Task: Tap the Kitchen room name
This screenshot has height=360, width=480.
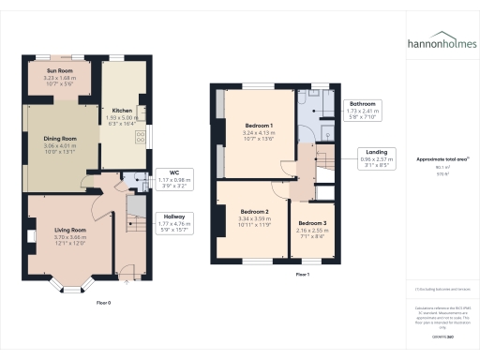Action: tap(123, 110)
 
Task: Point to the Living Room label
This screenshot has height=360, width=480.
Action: tap(70, 230)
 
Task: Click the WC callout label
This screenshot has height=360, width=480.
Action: tap(172, 172)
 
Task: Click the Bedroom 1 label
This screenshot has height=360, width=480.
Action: tap(259, 126)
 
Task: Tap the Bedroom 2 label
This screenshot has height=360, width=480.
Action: tap(253, 212)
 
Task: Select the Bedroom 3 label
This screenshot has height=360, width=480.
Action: tap(311, 222)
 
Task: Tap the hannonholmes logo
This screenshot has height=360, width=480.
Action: tap(441, 43)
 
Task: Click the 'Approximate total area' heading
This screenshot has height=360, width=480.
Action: tap(440, 159)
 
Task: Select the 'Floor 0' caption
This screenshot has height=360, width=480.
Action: tap(103, 303)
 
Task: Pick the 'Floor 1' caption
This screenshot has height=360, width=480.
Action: tap(301, 274)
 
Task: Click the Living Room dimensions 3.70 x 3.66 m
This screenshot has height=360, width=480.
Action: tap(70, 237)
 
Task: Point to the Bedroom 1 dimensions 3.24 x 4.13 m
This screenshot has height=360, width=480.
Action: tap(259, 133)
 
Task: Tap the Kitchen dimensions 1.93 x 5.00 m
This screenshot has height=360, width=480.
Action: tap(123, 117)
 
